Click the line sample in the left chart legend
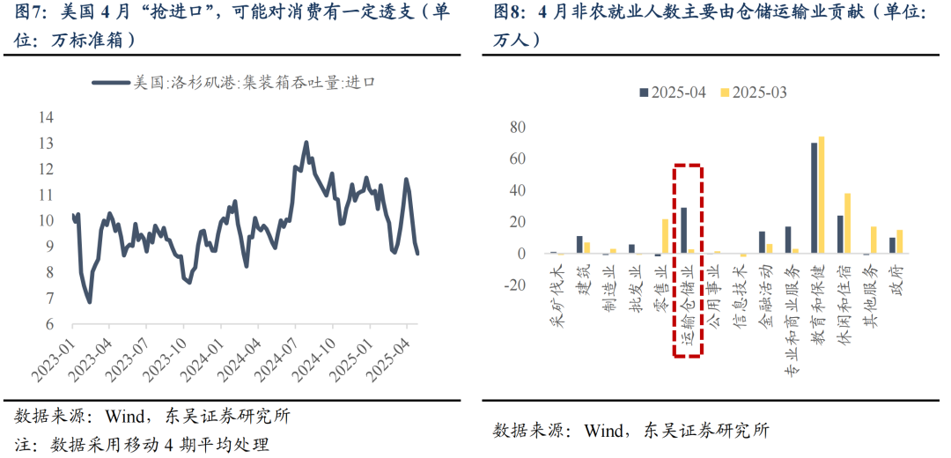(x=109, y=83)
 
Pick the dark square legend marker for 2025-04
(x=644, y=92)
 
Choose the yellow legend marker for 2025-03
(x=726, y=92)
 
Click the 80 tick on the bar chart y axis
(x=518, y=128)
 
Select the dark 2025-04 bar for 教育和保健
(x=814, y=198)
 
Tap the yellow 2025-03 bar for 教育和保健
(x=822, y=196)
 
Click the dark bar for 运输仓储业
(x=683, y=231)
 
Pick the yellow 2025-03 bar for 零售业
(x=666, y=236)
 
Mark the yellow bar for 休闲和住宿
(x=847, y=224)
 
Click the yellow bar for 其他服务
(x=874, y=240)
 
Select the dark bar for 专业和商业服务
(x=788, y=240)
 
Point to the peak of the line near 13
(x=306, y=142)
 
